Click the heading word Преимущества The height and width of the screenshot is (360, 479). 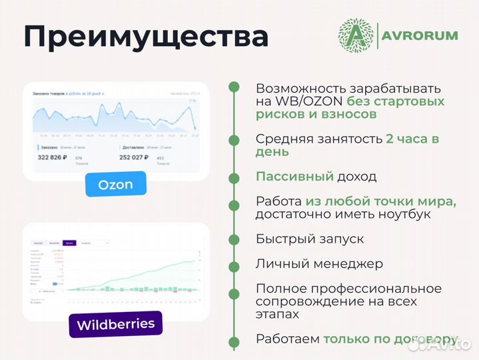pyautogui.click(x=146, y=37)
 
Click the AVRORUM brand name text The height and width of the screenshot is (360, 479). pyautogui.click(x=420, y=35)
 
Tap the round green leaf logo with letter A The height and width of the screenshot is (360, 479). pyautogui.click(x=356, y=35)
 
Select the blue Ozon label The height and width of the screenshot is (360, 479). pyautogui.click(x=115, y=184)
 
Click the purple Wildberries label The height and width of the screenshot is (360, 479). pyautogui.click(x=115, y=325)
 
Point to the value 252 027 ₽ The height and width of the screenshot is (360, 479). pyautogui.click(x=142, y=157)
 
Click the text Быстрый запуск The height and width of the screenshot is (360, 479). pyautogui.click(x=310, y=239)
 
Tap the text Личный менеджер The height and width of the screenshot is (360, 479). pyautogui.click(x=319, y=263)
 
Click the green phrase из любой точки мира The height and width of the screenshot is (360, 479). pyautogui.click(x=381, y=201)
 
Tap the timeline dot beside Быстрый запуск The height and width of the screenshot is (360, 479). pyautogui.click(x=234, y=239)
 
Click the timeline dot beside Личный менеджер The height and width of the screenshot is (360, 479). pyautogui.click(x=234, y=263)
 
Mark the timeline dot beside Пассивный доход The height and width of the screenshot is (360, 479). pyautogui.click(x=234, y=177)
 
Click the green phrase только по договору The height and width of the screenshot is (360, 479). pyautogui.click(x=390, y=339)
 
